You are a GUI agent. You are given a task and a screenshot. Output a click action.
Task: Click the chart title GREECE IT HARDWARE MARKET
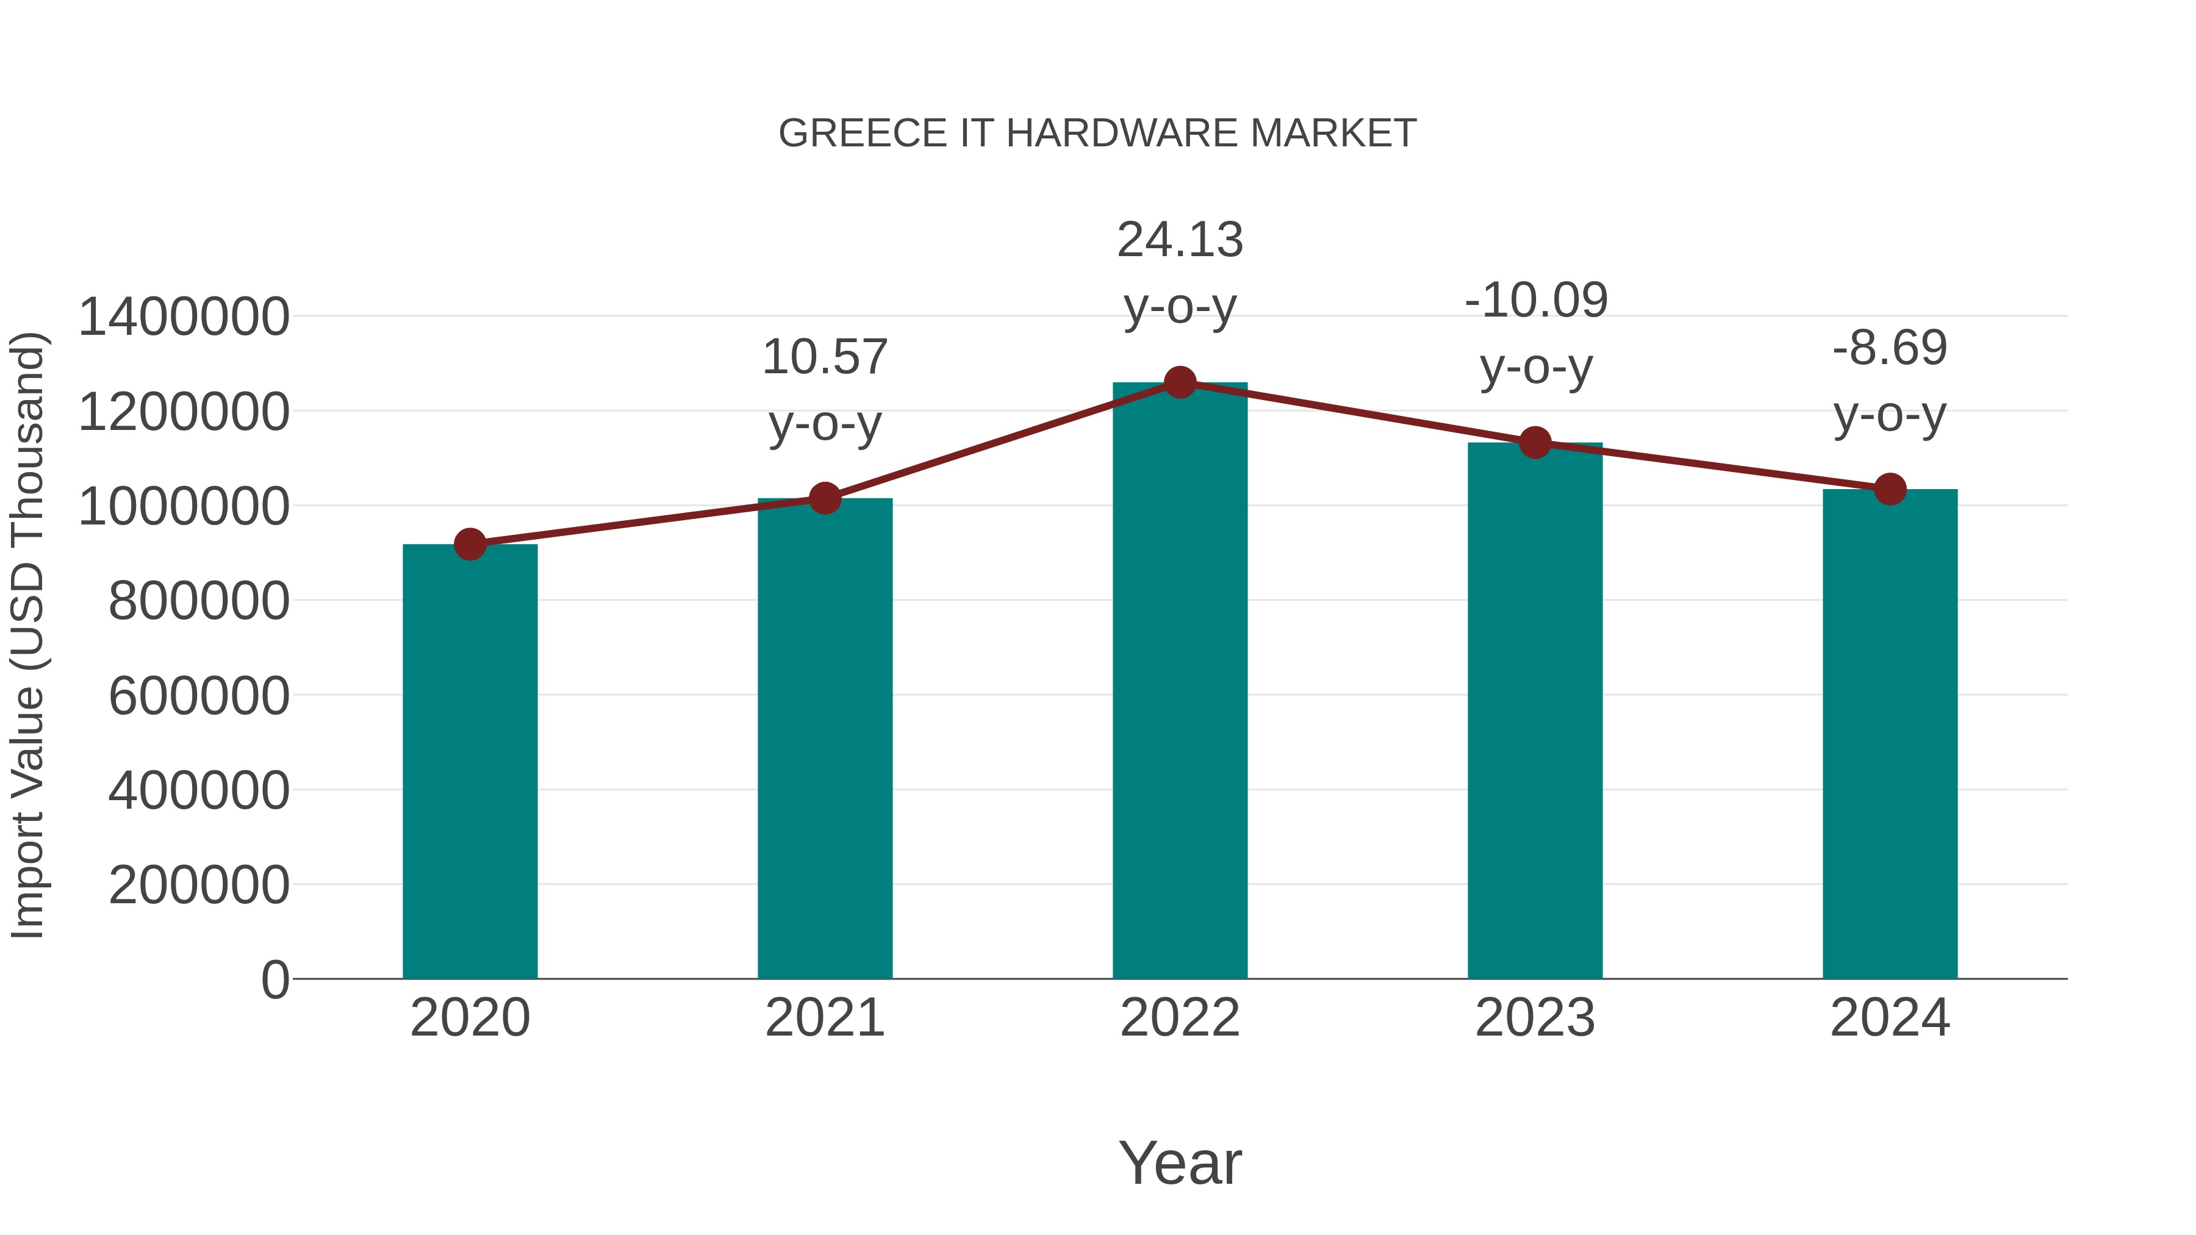[x=1097, y=134]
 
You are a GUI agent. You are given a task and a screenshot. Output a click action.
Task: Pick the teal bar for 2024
[x=1890, y=734]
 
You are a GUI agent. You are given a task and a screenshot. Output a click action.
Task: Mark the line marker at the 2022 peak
[x=1180, y=382]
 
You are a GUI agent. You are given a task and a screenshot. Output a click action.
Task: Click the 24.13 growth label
[x=1180, y=240]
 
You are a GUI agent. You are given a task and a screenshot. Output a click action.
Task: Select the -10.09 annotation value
[x=1535, y=300]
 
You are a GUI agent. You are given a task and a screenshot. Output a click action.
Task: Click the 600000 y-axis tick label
[x=199, y=695]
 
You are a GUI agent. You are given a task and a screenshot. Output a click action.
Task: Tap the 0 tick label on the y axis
[x=274, y=979]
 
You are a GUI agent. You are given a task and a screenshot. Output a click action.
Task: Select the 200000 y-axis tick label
[x=199, y=885]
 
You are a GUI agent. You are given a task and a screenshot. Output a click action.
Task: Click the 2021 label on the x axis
[x=824, y=1018]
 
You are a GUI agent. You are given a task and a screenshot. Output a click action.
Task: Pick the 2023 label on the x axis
[x=1535, y=1018]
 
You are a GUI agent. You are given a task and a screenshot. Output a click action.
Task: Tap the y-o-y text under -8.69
[x=1890, y=415]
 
